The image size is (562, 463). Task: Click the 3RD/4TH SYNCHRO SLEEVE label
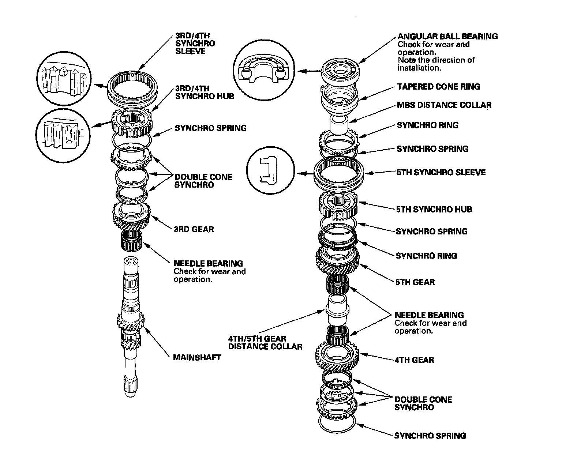click(195, 44)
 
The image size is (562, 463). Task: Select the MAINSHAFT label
click(197, 357)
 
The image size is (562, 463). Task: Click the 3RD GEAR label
click(194, 229)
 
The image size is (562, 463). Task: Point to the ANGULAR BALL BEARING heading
click(447, 36)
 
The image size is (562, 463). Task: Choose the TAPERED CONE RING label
click(439, 87)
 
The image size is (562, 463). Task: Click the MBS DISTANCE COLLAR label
click(444, 105)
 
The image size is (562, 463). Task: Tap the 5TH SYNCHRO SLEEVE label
click(441, 172)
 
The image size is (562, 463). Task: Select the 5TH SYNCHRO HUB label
click(434, 210)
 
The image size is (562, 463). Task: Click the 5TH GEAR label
click(415, 282)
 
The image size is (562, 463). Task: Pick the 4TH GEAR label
click(414, 360)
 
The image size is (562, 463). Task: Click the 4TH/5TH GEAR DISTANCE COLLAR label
click(265, 343)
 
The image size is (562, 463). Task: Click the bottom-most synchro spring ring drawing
click(337, 424)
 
